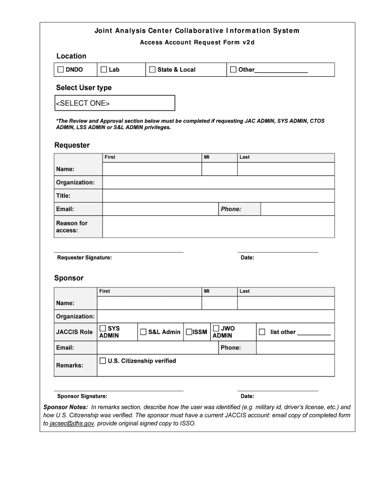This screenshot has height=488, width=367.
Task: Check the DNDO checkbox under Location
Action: (61, 70)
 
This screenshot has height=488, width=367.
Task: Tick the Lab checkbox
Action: (104, 70)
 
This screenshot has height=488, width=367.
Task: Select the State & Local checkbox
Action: (153, 70)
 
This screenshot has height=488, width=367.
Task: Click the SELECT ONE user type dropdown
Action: (115, 103)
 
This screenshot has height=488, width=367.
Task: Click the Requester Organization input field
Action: (218, 183)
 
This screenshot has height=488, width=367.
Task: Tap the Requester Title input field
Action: (218, 196)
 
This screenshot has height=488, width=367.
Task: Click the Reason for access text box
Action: (218, 227)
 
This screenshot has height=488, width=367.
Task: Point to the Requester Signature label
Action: (84, 258)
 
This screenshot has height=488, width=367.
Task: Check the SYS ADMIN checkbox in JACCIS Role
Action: (103, 328)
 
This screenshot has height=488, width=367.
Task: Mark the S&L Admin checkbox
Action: (143, 332)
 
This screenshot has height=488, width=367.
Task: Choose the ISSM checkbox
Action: (189, 332)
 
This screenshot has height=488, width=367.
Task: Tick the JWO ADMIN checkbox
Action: (216, 328)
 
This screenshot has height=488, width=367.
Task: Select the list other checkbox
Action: (262, 332)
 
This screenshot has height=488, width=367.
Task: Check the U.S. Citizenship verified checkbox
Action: (102, 361)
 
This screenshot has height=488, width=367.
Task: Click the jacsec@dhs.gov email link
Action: (72, 423)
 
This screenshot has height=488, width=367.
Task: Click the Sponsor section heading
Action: (69, 278)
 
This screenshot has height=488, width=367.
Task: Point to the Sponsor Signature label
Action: (82, 396)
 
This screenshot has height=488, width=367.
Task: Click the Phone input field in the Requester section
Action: (297, 209)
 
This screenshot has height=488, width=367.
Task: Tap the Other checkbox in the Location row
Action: (234, 70)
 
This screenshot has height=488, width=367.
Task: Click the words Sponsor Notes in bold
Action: (65, 407)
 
